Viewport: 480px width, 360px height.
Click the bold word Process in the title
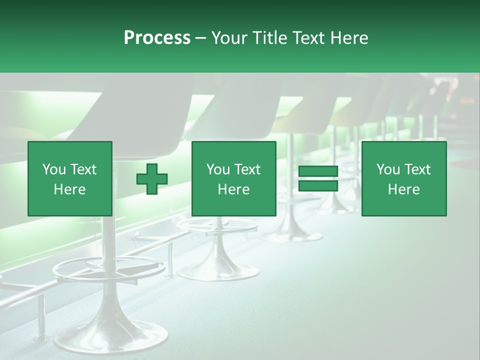pyautogui.click(x=157, y=38)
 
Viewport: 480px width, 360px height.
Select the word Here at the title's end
pyautogui.click(x=350, y=38)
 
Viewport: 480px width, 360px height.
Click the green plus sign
pyautogui.click(x=152, y=178)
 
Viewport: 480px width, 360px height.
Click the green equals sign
pyautogui.click(x=318, y=178)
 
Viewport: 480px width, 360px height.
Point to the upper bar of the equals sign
pyautogui.click(x=318, y=171)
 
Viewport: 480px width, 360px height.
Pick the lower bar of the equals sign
pyautogui.click(x=318, y=185)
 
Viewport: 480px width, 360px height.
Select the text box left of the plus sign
pyautogui.click(x=70, y=178)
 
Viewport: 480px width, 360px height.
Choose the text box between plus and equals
pyautogui.click(x=233, y=178)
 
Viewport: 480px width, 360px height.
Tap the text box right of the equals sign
pyautogui.click(x=404, y=178)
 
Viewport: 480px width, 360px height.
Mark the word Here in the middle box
pyautogui.click(x=233, y=189)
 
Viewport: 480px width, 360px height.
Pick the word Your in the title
pyautogui.click(x=229, y=38)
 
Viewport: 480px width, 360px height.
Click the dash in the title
pyautogui.click(x=201, y=38)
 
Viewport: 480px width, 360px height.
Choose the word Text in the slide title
pyautogui.click(x=310, y=38)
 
